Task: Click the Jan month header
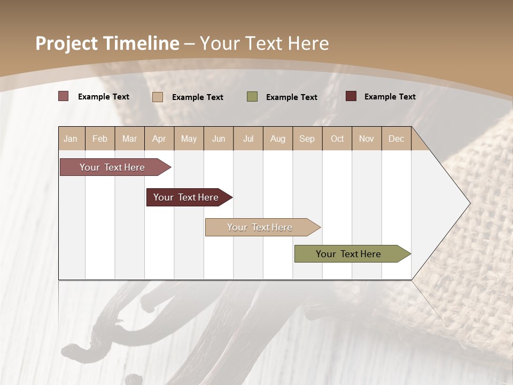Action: click(x=71, y=138)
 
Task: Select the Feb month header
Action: click(x=100, y=138)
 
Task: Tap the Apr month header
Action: click(x=159, y=138)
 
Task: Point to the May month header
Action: click(x=189, y=138)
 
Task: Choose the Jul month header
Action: click(x=248, y=138)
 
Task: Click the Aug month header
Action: click(x=278, y=138)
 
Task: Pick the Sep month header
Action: click(x=307, y=138)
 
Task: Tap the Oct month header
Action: click(x=337, y=138)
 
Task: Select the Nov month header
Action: click(x=367, y=138)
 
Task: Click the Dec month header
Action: click(x=397, y=138)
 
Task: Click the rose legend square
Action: click(x=64, y=96)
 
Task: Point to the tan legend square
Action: click(x=158, y=97)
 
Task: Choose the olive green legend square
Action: click(x=252, y=97)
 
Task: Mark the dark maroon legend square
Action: click(x=351, y=96)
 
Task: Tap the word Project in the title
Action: click(x=67, y=43)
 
